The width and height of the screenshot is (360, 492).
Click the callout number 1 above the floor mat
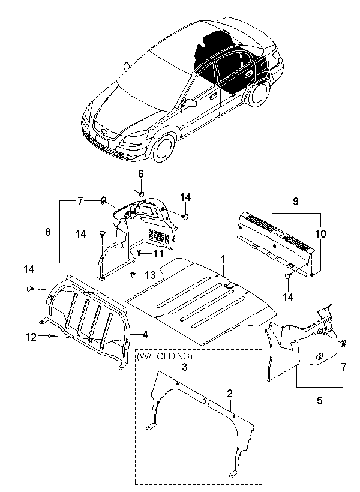click(x=223, y=259)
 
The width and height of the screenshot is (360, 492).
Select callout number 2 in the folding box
click(x=230, y=394)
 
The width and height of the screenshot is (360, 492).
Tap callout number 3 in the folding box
click(x=185, y=367)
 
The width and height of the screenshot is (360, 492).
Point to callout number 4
click(x=145, y=335)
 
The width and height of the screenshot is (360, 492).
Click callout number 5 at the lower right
click(x=320, y=400)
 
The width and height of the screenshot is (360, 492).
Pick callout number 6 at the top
click(x=141, y=173)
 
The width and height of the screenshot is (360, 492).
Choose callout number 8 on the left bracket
click(x=48, y=232)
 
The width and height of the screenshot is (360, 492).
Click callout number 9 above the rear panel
click(x=296, y=201)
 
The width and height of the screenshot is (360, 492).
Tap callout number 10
click(x=320, y=233)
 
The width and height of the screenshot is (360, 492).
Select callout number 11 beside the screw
click(x=158, y=253)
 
